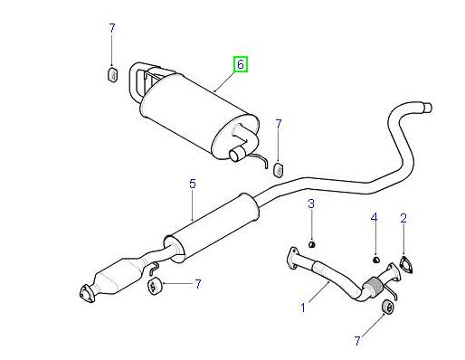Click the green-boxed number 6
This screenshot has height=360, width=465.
[x=240, y=64]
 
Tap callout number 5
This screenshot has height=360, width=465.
[x=192, y=185]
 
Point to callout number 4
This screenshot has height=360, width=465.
[x=373, y=217]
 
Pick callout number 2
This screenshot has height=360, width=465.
[x=403, y=217]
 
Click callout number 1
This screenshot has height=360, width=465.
[x=304, y=308]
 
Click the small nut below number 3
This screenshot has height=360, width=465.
[x=310, y=242]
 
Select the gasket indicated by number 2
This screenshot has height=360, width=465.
[x=404, y=264]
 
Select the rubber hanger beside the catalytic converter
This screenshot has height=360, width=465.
[x=153, y=288]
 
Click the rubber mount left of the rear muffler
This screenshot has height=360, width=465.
[x=112, y=74]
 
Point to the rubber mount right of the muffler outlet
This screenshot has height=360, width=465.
[x=279, y=168]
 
